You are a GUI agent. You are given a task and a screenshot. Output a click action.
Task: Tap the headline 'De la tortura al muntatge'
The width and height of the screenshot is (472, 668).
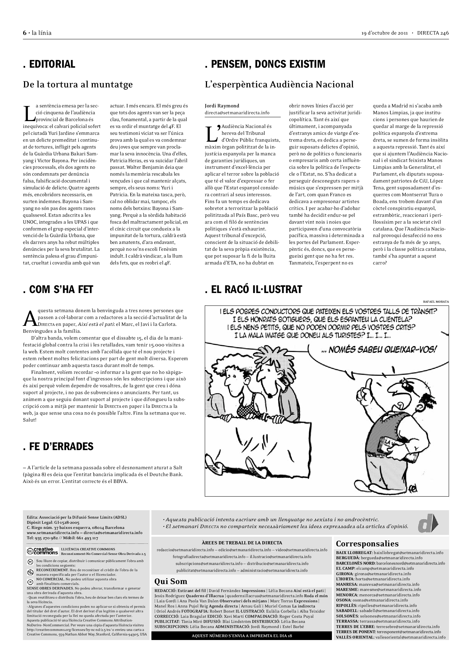tap(78, 84)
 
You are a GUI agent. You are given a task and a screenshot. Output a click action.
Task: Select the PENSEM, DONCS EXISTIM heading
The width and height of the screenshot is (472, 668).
tap(265, 64)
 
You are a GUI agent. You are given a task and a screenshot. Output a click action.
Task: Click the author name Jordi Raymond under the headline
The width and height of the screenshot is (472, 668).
tap(222, 106)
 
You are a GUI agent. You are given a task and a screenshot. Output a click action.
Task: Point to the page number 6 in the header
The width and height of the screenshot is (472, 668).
tap(25, 33)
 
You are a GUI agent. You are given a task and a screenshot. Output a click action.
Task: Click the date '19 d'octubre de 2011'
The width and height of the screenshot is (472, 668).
tap(384, 33)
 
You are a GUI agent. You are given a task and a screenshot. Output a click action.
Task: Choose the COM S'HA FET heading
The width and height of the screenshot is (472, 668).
tap(58, 290)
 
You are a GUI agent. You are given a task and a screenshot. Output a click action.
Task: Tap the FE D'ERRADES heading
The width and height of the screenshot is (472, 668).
tap(58, 446)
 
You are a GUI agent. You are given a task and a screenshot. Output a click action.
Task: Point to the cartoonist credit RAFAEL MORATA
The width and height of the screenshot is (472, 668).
tap(436, 302)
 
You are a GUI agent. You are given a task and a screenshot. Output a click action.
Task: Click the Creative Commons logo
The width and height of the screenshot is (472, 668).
tap(42, 551)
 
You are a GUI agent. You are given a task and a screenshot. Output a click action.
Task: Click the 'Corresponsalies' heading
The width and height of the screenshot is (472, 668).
tap(367, 543)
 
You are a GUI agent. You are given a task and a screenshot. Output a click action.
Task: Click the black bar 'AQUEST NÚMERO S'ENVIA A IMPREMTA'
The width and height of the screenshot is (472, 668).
tap(241, 636)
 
